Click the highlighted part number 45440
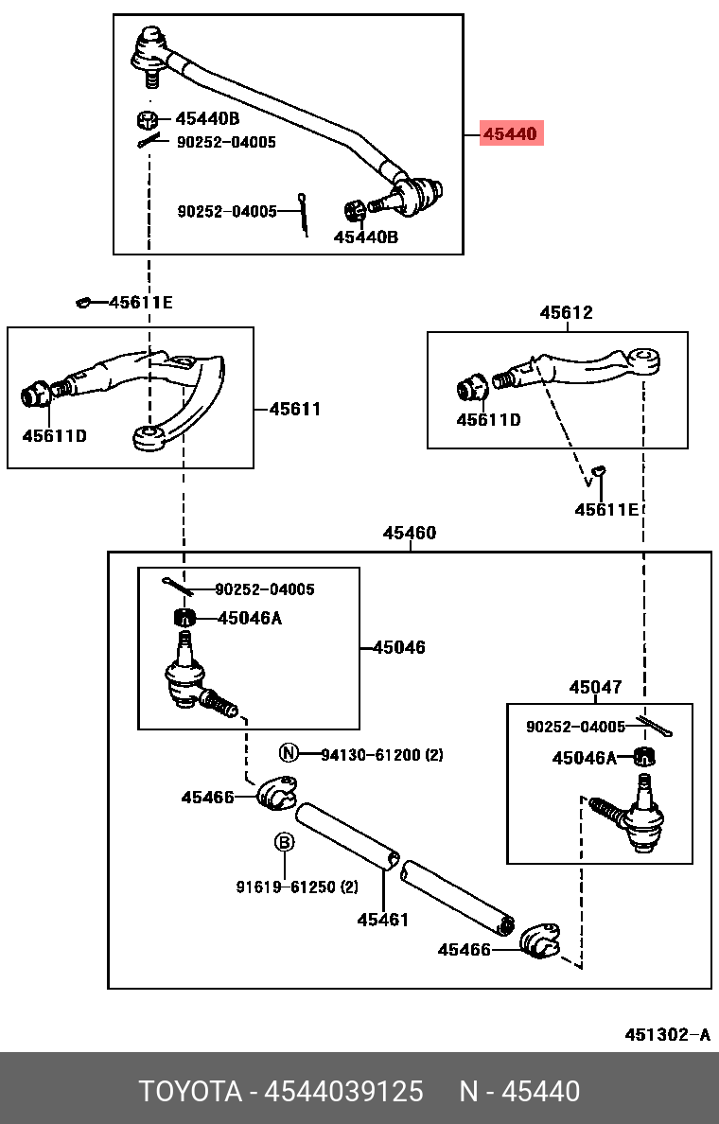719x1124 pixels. coord(510,134)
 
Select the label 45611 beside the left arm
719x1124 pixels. coord(294,410)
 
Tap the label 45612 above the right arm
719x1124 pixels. coord(566,312)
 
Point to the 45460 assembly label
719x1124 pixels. coord(409,534)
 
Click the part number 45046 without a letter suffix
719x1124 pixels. coord(398,648)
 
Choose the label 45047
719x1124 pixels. coord(595,687)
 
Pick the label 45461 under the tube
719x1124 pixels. coord(383,919)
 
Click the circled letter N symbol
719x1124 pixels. coord(289,753)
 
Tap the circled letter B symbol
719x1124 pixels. coord(284,842)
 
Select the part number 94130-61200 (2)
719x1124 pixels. coord(381,755)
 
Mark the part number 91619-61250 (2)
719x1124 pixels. coord(297,887)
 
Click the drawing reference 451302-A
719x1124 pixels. coord(666,1034)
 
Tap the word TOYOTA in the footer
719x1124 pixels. coord(190,1092)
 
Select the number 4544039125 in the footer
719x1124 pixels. coord(343,1092)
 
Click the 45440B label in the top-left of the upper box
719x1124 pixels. coord(207,119)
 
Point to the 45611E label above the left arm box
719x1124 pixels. coord(140,303)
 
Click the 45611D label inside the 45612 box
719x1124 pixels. coord(488,419)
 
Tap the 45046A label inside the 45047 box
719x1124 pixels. coord(585,758)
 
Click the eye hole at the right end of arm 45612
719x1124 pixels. coord(643,359)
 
